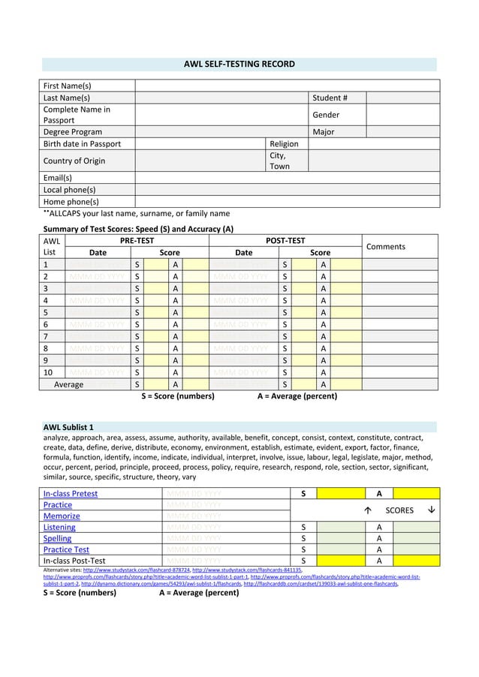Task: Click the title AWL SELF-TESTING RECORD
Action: click(239, 65)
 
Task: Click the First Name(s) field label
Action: click(67, 86)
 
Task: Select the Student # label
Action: click(330, 98)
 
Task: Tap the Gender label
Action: click(326, 115)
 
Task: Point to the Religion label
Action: click(284, 143)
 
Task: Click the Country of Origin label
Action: click(74, 161)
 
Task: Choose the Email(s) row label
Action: click(58, 178)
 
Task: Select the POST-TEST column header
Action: click(285, 240)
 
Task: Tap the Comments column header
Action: click(385, 246)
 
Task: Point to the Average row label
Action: click(69, 384)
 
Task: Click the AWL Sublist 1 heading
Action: click(68, 427)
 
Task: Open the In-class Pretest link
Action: click(71, 494)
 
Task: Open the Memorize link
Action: click(62, 516)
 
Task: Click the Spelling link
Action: click(58, 538)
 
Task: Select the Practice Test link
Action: click(66, 549)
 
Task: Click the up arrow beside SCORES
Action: click(367, 510)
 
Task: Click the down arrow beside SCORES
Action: click(429, 510)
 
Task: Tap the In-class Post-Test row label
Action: click(74, 561)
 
